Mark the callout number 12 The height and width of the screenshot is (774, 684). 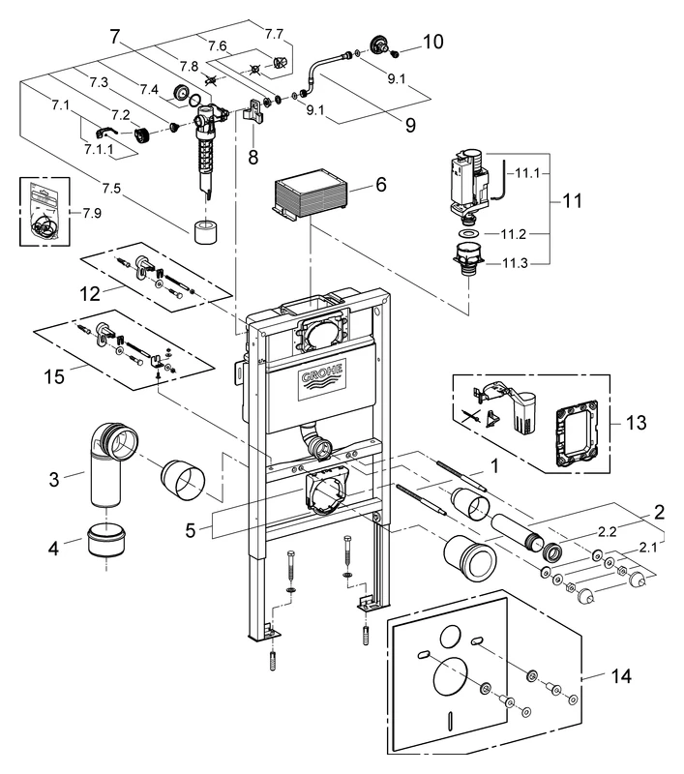tap(89, 290)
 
